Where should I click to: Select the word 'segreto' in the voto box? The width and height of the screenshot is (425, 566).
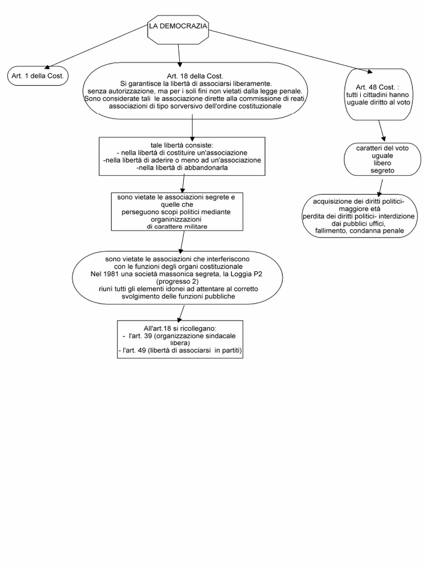[x=382, y=171]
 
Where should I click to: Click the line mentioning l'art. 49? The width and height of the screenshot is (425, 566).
[x=180, y=350]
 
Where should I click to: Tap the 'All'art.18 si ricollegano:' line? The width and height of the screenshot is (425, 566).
[x=180, y=328]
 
